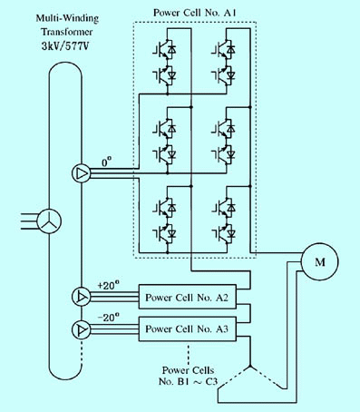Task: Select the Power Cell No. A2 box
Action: [x=188, y=297]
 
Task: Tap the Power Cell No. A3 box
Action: [x=188, y=329]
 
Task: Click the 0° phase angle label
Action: [x=106, y=162]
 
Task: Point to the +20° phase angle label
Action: [x=108, y=285]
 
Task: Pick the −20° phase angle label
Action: [x=108, y=318]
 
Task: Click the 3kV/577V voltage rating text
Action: [x=66, y=46]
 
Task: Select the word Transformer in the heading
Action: [x=67, y=32]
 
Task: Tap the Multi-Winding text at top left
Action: [x=67, y=18]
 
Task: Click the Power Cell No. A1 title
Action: [x=194, y=13]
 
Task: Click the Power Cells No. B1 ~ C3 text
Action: [x=188, y=376]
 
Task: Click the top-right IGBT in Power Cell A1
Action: [x=224, y=49]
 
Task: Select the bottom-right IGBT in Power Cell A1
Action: [x=224, y=233]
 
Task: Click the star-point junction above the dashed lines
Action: [x=250, y=367]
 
